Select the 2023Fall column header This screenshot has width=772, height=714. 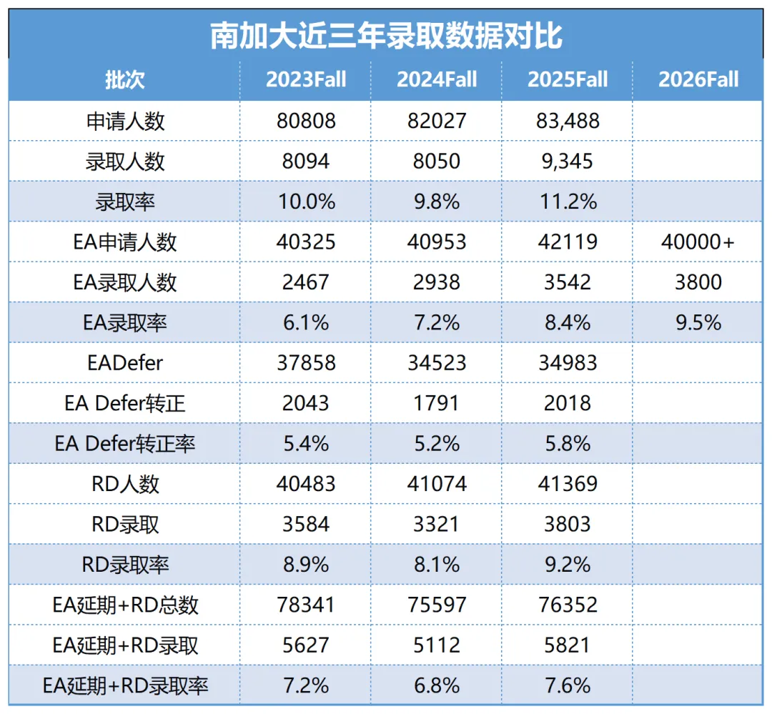(306, 79)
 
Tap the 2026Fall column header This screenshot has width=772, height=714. (698, 79)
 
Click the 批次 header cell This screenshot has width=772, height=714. (124, 79)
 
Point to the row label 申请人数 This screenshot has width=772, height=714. (124, 121)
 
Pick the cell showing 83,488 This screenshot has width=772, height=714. (568, 121)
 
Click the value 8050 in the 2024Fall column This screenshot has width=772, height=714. (437, 161)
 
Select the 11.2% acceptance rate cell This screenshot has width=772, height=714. (568, 202)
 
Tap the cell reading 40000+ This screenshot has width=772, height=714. (698, 242)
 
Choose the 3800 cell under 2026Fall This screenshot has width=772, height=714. (698, 282)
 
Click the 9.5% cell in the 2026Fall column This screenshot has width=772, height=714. (698, 322)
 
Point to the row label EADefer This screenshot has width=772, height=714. (124, 363)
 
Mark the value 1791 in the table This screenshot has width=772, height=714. (437, 403)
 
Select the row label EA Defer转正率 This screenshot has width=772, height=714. (124, 444)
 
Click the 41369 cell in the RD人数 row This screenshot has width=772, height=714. (568, 484)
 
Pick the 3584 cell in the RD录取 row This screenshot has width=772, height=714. (306, 525)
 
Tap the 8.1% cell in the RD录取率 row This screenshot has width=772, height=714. (437, 565)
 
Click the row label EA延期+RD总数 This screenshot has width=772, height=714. (124, 605)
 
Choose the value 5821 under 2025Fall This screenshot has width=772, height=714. (568, 645)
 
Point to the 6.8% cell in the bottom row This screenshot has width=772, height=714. (437, 686)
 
